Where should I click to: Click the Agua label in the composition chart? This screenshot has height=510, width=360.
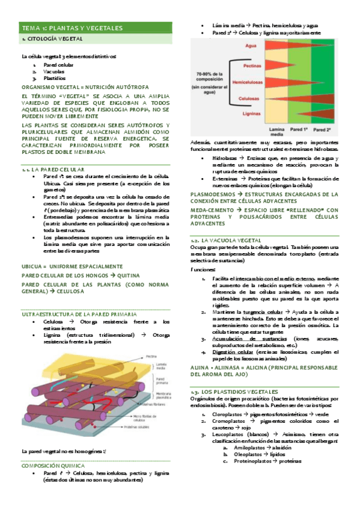[x=251, y=45]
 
